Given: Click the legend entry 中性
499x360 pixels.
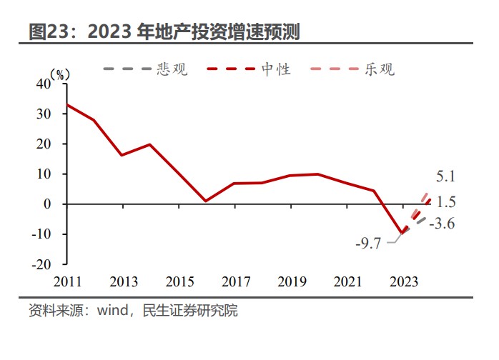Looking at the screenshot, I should click(275, 69).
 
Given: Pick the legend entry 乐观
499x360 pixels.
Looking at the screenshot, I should click(379, 69).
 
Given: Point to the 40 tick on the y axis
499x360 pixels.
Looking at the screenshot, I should click(44, 84).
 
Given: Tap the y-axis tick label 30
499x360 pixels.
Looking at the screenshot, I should click(44, 114).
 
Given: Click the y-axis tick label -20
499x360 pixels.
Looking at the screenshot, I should click(41, 264).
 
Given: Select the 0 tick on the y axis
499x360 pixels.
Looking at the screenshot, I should click(48, 204).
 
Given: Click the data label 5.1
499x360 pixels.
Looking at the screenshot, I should click(445, 176).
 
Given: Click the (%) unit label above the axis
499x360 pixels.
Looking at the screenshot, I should click(61, 74).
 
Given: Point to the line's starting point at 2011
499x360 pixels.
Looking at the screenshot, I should click(66, 104).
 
